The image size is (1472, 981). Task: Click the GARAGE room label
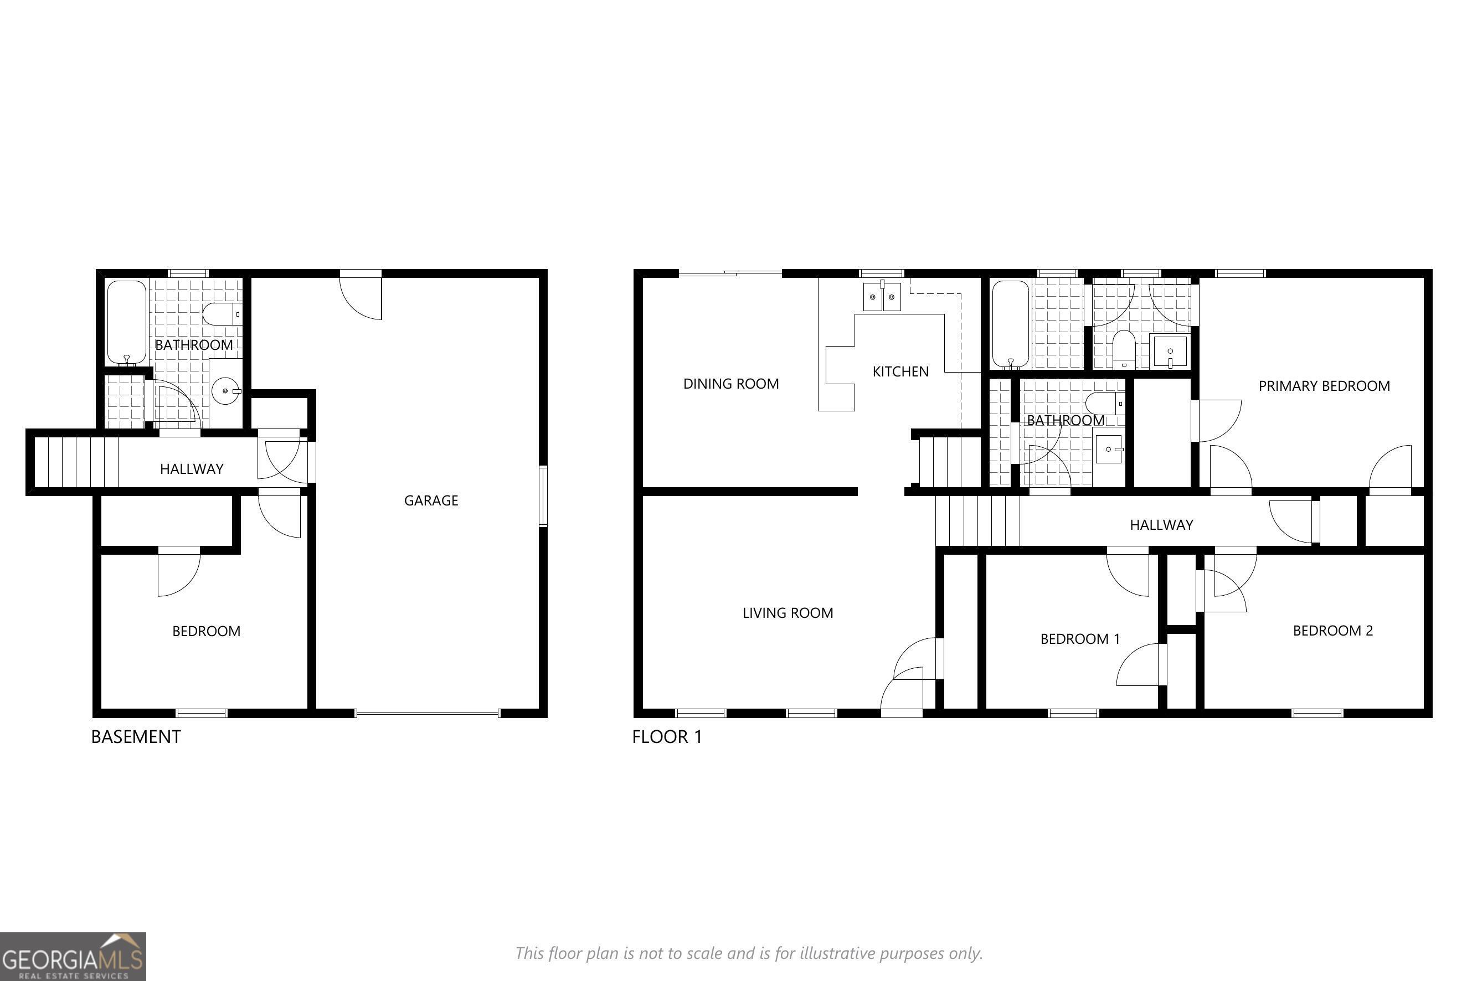431,500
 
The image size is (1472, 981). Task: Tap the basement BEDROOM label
206,631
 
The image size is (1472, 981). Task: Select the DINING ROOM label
730,384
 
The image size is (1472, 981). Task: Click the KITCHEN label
900,371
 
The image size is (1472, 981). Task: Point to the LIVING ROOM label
788,613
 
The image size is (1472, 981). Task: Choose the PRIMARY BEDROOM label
1324,386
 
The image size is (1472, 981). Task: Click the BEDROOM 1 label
1079,639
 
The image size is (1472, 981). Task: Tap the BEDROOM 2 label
1332,631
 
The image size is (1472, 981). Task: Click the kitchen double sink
882,297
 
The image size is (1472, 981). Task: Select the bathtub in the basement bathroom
126,322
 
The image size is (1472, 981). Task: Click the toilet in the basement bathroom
220,314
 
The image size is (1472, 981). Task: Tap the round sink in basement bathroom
225,391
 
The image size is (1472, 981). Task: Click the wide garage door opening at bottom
428,712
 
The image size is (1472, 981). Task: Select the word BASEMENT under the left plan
136,737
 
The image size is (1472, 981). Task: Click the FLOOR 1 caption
667,737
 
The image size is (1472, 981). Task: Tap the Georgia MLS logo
73,956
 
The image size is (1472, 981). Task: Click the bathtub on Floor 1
1010,324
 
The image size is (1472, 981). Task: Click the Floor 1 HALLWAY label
1161,525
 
